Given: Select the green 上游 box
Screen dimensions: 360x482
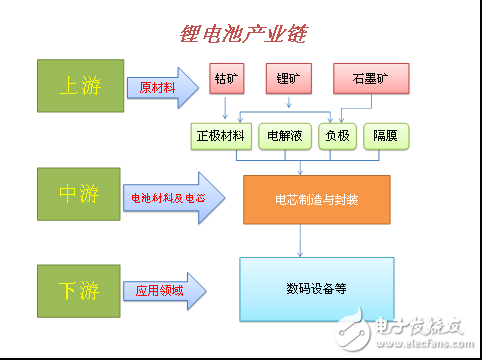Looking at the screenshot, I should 77,85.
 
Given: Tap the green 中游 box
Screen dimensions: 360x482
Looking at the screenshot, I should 77,194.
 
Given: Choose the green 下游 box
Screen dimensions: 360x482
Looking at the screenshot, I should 77,291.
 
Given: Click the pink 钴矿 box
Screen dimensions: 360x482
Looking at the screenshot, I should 226,77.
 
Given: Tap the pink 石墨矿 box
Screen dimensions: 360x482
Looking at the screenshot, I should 369,77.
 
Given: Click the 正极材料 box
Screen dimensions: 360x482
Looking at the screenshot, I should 220,136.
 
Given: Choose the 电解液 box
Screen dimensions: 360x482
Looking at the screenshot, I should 285,136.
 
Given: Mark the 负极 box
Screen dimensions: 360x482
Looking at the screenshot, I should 336,136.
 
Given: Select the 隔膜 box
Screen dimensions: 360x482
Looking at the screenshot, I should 385,136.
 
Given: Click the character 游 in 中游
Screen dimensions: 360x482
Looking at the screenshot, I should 90,194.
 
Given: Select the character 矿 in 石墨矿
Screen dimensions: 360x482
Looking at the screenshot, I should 381,77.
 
